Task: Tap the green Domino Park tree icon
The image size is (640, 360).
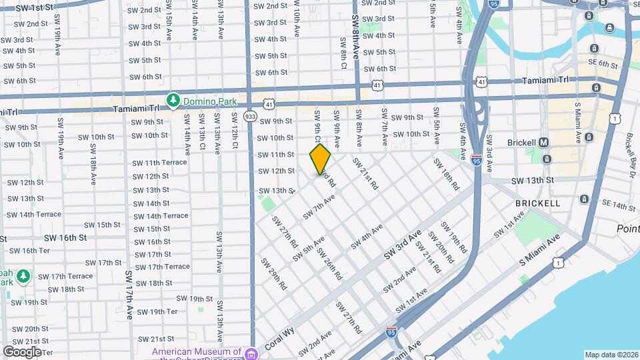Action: tap(173, 100)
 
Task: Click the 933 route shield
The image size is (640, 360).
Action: tap(250, 116)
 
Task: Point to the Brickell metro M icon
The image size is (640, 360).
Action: tap(543, 142)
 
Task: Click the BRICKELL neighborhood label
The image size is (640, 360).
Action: tap(537, 202)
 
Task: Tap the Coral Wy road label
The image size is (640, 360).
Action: tap(279, 338)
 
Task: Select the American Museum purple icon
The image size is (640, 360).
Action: tap(250, 352)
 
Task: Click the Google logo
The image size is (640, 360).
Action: tap(22, 351)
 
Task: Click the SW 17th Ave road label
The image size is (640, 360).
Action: tap(129, 295)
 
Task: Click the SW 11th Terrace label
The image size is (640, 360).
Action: tap(159, 163)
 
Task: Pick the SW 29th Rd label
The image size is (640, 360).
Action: tap(277, 274)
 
